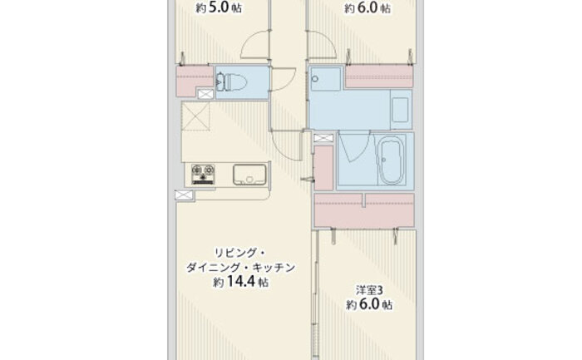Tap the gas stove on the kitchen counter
point(203,175)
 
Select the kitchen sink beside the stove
point(249,175)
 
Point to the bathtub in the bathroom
point(390,160)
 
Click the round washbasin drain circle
point(315,79)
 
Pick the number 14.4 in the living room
point(240,282)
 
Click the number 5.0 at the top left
point(218,7)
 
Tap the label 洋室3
point(369,290)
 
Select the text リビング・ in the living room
point(239,253)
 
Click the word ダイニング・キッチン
point(240,268)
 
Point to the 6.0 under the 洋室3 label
point(368,304)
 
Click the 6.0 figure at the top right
point(367,7)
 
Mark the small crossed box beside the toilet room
point(205,94)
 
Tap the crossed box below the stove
point(185,195)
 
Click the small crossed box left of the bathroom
point(323,138)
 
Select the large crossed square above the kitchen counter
point(195,116)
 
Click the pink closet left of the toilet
point(190,81)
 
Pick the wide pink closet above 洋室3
point(364,210)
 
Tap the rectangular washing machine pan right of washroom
point(401,110)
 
